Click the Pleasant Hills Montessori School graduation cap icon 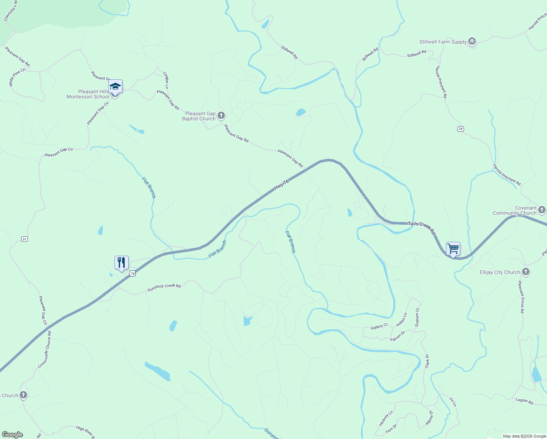click(x=115, y=87)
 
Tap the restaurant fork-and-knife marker click(x=121, y=262)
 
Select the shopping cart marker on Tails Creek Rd click(x=453, y=249)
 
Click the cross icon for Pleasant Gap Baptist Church click(x=221, y=116)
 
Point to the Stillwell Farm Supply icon click(x=472, y=42)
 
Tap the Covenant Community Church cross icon click(x=542, y=210)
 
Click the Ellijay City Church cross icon click(x=526, y=272)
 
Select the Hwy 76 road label click(x=281, y=184)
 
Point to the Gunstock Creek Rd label click(x=164, y=288)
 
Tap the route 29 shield click(x=461, y=129)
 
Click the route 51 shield click(x=24, y=239)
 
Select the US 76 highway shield click(x=132, y=273)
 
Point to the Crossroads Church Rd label click(x=45, y=350)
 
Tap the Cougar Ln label click(x=166, y=80)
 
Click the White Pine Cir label click(x=17, y=77)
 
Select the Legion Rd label click(x=524, y=401)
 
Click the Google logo click(x=12, y=435)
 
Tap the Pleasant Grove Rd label click(x=521, y=297)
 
